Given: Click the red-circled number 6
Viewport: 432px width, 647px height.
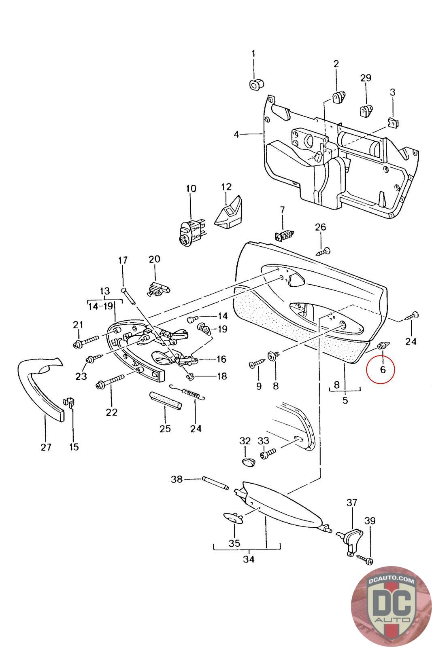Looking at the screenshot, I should (383, 369).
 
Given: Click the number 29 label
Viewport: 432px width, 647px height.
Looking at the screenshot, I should (366, 78).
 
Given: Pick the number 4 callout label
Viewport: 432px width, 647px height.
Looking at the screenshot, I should (236, 134).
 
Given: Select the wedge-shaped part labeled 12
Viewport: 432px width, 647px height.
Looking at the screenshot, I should (228, 213).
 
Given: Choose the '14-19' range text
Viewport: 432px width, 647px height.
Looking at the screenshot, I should (100, 306).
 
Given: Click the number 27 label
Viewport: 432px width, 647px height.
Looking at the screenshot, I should (46, 447).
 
